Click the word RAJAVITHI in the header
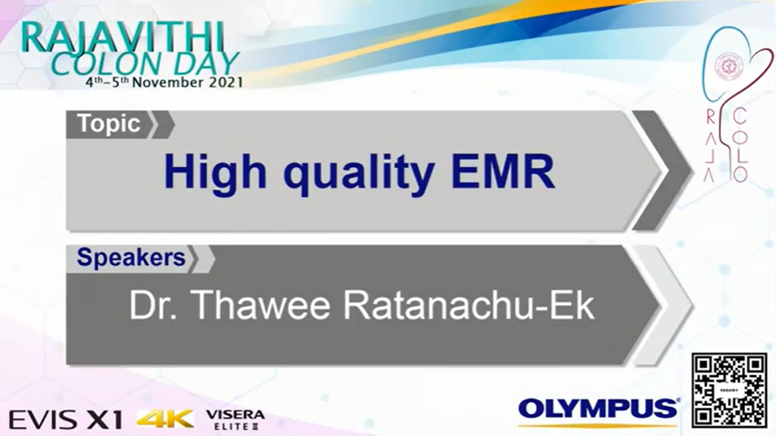click(123, 37)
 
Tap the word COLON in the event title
click(104, 64)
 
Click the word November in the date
click(168, 82)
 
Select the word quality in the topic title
click(359, 174)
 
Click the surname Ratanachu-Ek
click(469, 305)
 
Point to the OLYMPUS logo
click(599, 411)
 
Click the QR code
click(729, 390)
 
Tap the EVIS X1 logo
click(65, 420)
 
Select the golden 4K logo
click(165, 419)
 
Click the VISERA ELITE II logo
click(235, 420)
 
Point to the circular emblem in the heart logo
click(727, 65)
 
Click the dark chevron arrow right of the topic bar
click(662, 171)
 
